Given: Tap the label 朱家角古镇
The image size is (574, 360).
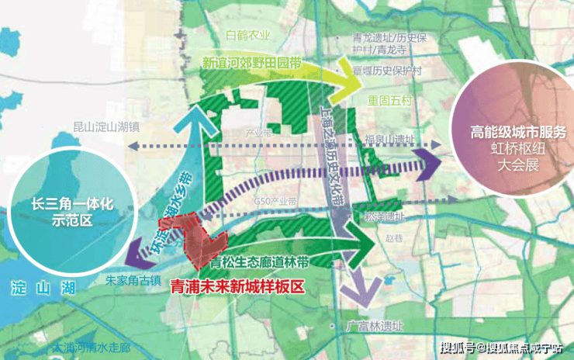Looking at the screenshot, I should tap(133, 280).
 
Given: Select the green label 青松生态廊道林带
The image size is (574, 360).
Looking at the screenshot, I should tap(261, 262).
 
